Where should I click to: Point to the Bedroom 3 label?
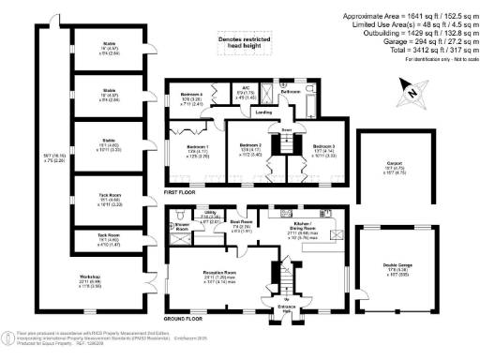pos(323,147)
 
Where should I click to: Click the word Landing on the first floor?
pos(265,112)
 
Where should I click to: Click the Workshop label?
pos(89,277)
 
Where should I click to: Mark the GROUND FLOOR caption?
pos(185,318)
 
